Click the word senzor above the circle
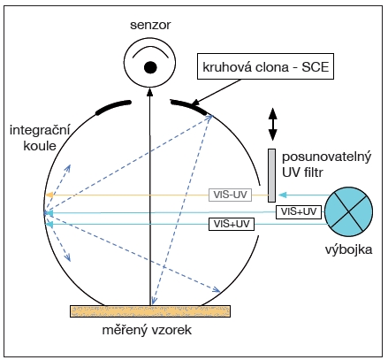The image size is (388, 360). (150, 25)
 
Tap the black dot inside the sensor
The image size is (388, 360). (150, 67)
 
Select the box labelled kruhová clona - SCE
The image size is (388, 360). (265, 66)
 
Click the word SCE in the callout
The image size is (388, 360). (315, 67)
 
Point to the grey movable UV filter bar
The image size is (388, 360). (271, 175)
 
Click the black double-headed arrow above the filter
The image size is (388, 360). (273, 124)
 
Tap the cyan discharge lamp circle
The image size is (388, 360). (348, 211)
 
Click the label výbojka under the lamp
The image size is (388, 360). (348, 249)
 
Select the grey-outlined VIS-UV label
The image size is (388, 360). (230, 195)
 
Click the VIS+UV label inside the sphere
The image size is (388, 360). (232, 224)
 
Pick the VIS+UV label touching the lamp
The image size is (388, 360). (299, 211)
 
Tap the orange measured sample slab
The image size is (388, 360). (150, 311)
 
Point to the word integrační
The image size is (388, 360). (40, 130)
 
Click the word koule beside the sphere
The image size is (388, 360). (40, 146)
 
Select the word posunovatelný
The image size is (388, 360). (326, 157)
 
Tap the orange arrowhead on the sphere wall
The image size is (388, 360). (49, 195)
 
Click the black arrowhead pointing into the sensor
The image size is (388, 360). (150, 91)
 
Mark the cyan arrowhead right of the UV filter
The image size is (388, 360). (282, 195)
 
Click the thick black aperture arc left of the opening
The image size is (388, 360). (113, 106)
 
